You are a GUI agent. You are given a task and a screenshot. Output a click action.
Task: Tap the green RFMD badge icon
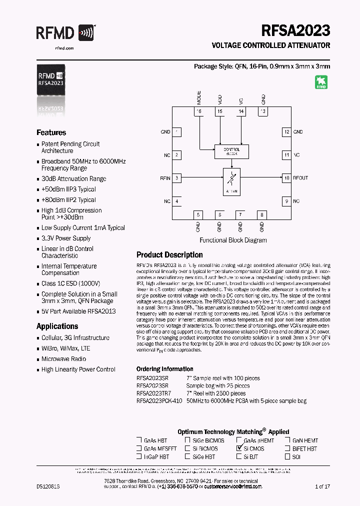(x=321, y=82)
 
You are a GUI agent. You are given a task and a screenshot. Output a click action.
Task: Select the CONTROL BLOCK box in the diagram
(x=231, y=151)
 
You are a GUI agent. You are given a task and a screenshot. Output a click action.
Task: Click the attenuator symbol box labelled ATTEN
(x=231, y=181)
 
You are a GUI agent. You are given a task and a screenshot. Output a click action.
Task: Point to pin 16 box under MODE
(x=199, y=111)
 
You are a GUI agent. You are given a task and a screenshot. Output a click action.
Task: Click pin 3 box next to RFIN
(x=177, y=178)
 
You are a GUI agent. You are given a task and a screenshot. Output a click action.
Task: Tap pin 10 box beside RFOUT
(x=286, y=178)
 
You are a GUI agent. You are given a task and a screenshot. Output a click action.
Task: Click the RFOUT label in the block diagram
(x=300, y=178)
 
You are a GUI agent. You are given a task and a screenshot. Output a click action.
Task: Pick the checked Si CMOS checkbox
(x=239, y=449)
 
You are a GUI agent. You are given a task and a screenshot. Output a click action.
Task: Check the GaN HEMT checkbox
(x=288, y=441)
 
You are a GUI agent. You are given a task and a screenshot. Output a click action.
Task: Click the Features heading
(x=51, y=132)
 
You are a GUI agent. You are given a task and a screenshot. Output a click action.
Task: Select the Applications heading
(x=57, y=326)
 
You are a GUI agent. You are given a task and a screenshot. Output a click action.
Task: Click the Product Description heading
(x=169, y=254)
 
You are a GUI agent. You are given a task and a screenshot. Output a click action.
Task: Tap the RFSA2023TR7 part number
(x=153, y=393)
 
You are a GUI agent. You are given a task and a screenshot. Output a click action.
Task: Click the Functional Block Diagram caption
(x=233, y=240)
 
